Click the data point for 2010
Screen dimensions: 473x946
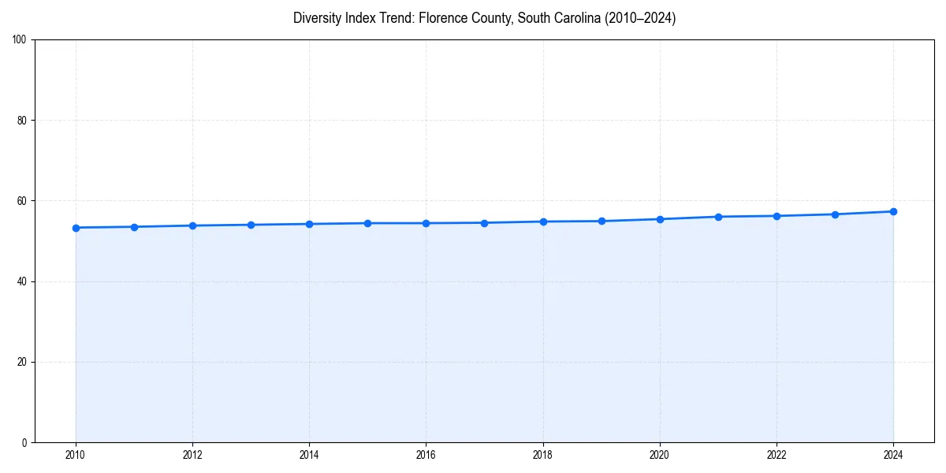pyautogui.click(x=76, y=228)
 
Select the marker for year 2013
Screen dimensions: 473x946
pyautogui.click(x=251, y=225)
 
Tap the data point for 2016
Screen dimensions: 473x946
pyautogui.click(x=426, y=223)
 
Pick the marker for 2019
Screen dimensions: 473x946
pyautogui.click(x=601, y=221)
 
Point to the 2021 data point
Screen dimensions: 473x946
pyautogui.click(x=718, y=217)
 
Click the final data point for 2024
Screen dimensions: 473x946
pyautogui.click(x=893, y=211)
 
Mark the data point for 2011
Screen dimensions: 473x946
pyautogui.click(x=134, y=227)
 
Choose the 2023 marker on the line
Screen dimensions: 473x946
pyautogui.click(x=835, y=214)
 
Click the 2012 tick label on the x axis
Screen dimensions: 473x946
pyautogui.click(x=192, y=455)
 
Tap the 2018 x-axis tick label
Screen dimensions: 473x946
pyautogui.click(x=542, y=455)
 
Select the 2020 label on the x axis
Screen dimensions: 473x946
pyautogui.click(x=660, y=455)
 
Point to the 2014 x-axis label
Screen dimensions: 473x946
pyautogui.click(x=309, y=455)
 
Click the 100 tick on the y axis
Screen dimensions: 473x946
pyautogui.click(x=20, y=40)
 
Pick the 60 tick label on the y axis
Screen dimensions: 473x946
pyautogui.click(x=22, y=201)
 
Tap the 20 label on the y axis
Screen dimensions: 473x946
pyautogui.click(x=22, y=362)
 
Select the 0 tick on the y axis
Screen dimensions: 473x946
pyautogui.click(x=24, y=442)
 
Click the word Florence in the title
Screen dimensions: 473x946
pyautogui.click(x=442, y=18)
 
